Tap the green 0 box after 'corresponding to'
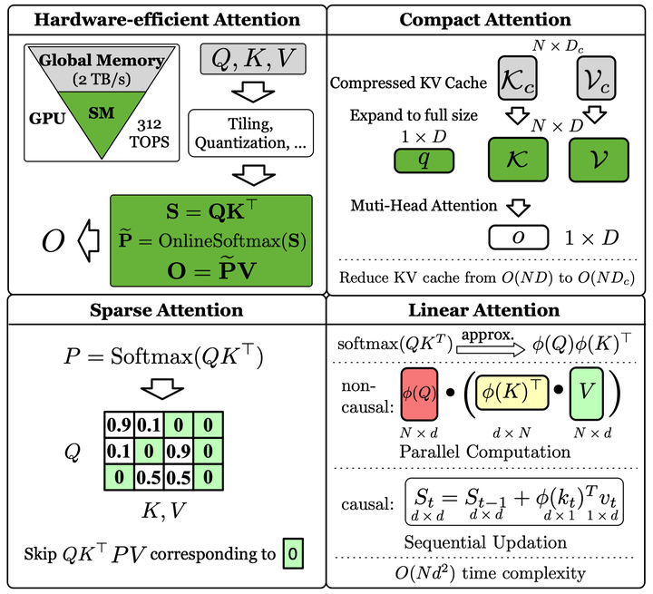(292, 550)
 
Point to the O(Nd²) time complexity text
(486, 572)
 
